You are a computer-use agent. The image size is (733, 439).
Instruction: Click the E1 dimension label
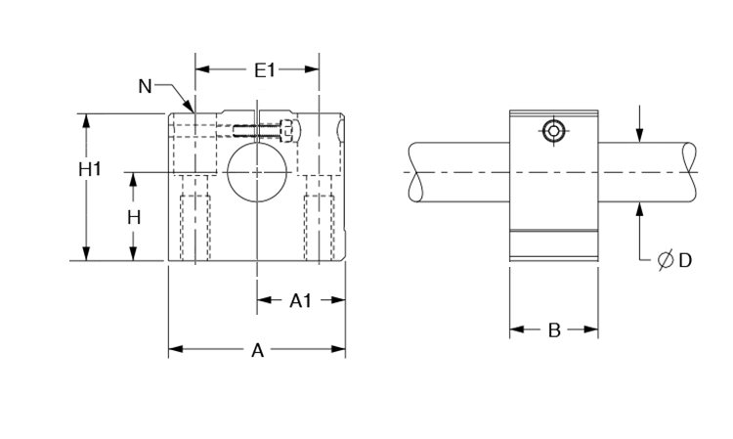[x=265, y=69]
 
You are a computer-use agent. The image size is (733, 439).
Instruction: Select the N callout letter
[x=145, y=86]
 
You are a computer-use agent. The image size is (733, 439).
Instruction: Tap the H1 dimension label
[x=90, y=169]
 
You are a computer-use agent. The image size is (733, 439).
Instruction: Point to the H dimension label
[x=134, y=217]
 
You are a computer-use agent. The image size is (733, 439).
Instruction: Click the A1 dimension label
[x=301, y=301]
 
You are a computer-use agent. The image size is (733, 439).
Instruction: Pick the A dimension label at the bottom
[x=258, y=350]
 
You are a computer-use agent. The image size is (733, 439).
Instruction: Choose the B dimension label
[x=553, y=330]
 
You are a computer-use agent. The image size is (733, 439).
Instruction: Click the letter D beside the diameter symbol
[x=685, y=260]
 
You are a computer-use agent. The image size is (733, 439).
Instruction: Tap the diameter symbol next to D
[x=666, y=260]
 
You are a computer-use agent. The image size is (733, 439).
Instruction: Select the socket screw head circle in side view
[x=554, y=131]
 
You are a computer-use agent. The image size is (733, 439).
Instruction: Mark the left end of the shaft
[x=414, y=172]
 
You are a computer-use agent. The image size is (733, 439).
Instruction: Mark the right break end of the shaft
[x=690, y=172]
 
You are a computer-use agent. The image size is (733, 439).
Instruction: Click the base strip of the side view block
[x=553, y=246]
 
